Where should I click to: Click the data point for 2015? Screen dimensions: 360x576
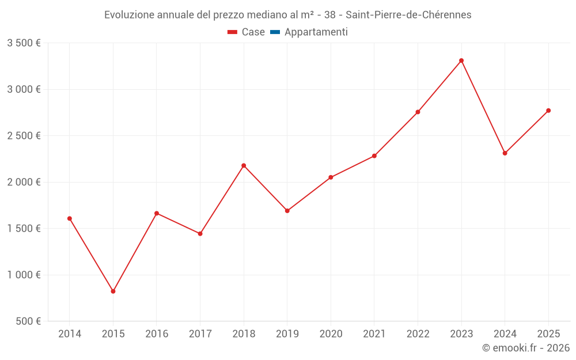(x=113, y=291)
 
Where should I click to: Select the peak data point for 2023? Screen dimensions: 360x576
(x=461, y=60)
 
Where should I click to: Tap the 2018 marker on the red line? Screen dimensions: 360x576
(x=244, y=165)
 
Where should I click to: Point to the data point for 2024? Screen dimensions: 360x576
(x=505, y=153)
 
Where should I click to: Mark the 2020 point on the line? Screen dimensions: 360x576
(x=331, y=177)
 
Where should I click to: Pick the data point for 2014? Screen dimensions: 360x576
(x=70, y=218)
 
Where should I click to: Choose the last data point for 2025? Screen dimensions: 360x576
(x=548, y=111)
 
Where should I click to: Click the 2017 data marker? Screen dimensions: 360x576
(x=200, y=234)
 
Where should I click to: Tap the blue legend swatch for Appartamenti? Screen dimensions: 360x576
(x=275, y=32)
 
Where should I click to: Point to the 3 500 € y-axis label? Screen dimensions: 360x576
(x=24, y=43)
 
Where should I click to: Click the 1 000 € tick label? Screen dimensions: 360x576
(x=24, y=275)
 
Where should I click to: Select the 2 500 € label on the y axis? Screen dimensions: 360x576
(x=24, y=136)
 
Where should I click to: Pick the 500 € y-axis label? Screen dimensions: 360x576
(x=28, y=321)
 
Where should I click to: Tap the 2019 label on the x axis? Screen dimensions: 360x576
(x=287, y=334)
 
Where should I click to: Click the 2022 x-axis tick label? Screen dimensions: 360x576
(x=418, y=334)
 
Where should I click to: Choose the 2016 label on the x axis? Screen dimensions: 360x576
(x=157, y=334)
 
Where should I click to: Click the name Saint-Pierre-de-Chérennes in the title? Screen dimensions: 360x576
(x=408, y=15)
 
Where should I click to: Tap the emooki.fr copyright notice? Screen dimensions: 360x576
(x=525, y=348)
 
